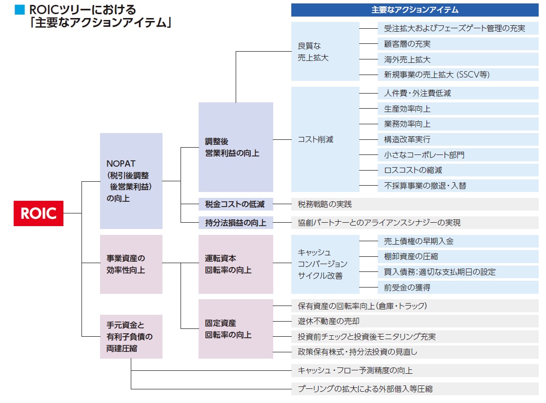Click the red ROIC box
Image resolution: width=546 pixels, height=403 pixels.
coord(39,213)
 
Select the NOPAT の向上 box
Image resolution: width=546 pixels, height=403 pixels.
coord(131,181)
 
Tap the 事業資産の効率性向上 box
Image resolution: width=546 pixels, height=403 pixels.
coord(131,264)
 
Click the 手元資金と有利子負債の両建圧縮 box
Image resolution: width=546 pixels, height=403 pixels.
coord(131,336)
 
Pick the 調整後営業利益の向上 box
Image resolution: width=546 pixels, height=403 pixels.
coord(236,147)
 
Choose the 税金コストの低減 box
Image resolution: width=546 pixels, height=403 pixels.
coord(236,204)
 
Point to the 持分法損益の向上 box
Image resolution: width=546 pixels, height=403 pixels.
coord(236,223)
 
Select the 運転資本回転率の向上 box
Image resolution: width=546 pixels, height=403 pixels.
coord(236,264)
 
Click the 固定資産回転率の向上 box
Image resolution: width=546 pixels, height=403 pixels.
coord(236,329)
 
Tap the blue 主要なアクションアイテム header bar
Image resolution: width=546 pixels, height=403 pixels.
coord(415,10)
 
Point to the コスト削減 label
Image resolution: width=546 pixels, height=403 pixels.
coord(316,139)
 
